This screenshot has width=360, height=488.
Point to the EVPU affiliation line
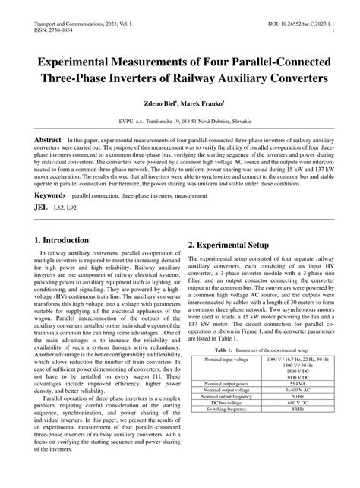(180, 120)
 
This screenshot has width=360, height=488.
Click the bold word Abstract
(43, 141)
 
